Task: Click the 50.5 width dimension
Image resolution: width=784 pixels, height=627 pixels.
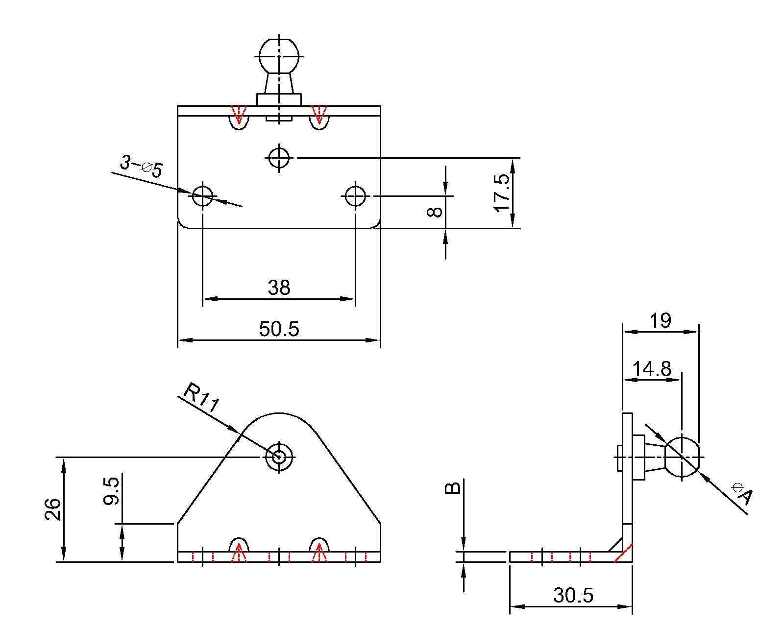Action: pos(279,329)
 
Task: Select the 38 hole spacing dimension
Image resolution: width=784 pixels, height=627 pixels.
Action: pos(279,288)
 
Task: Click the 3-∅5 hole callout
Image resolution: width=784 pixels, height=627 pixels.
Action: pos(141,167)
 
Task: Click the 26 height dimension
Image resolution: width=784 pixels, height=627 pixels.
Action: pos(53,509)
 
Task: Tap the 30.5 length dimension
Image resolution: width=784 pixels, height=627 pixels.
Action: pos(573,596)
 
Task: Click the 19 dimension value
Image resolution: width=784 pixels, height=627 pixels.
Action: pos(660,321)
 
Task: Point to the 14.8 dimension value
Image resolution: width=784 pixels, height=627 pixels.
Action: pos(651,369)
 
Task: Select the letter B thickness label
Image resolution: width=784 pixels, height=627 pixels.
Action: pos(452,488)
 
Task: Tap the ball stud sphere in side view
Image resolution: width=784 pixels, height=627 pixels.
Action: pos(682,457)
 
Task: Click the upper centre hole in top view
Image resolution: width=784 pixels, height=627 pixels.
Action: pos(279,158)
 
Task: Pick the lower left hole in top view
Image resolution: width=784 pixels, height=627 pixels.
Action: pos(202,196)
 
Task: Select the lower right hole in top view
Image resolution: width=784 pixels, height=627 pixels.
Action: pos(355,196)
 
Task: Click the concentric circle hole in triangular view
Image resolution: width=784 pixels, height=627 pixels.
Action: pos(279,457)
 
